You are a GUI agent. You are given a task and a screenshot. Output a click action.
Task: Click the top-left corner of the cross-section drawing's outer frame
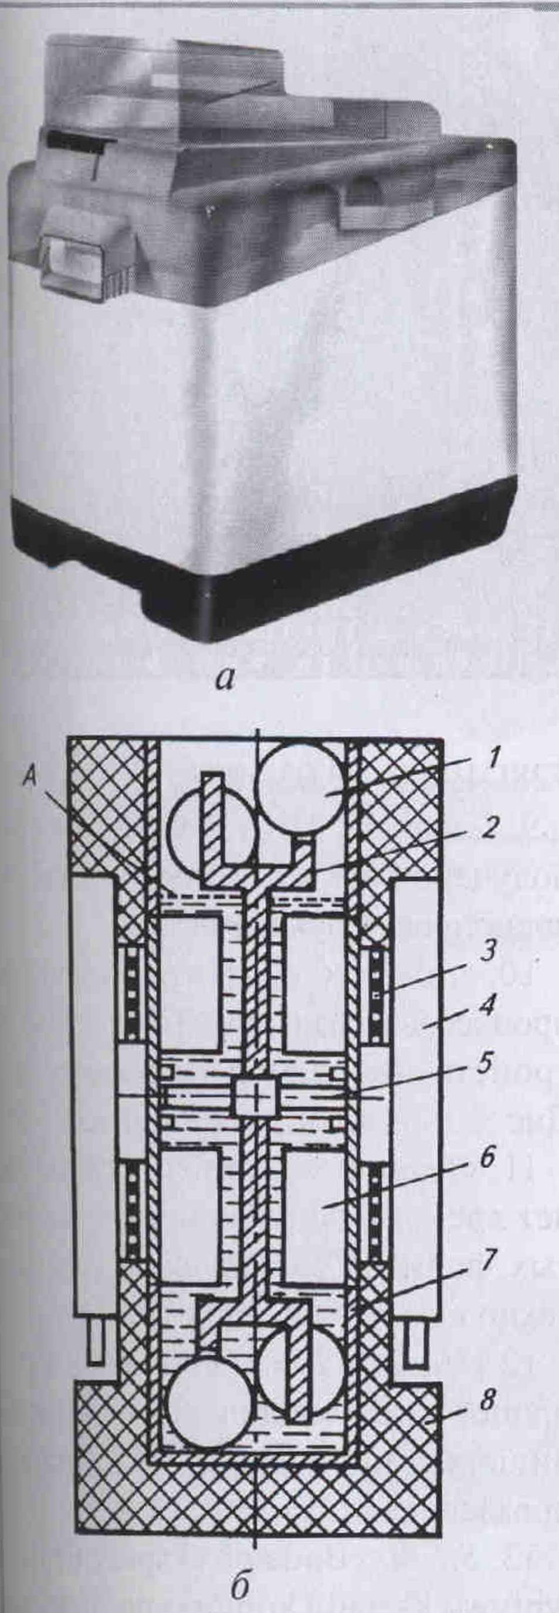coord(68,740)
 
